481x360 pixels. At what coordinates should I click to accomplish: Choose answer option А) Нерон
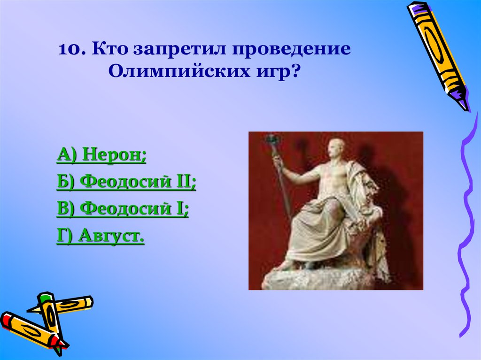point(101,155)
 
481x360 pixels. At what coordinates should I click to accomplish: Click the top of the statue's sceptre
point(271,139)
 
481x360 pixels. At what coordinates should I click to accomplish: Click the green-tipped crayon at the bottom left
point(50,319)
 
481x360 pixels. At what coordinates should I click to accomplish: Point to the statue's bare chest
point(334,178)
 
